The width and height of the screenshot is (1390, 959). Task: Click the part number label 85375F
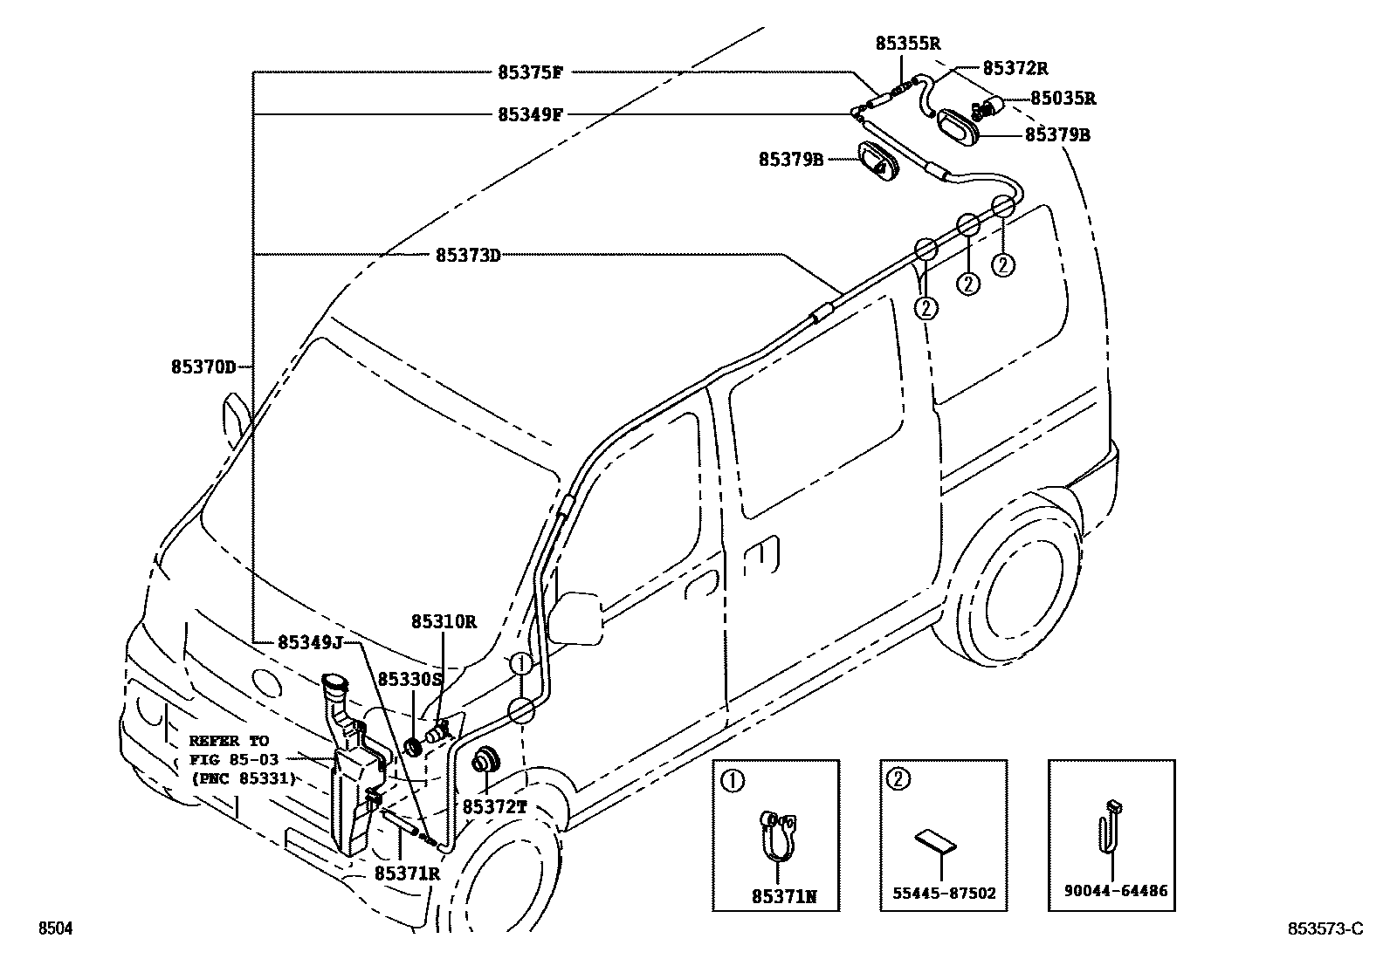[x=529, y=72]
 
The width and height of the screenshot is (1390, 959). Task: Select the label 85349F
[x=529, y=114]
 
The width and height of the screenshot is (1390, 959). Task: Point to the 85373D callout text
[x=468, y=256]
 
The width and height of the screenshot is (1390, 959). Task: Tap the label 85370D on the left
[x=203, y=367]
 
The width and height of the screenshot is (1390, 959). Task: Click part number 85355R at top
[x=908, y=44]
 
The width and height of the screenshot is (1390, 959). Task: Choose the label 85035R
[x=1063, y=99]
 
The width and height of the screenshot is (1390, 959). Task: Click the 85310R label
[x=444, y=622]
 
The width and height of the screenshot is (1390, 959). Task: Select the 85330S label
[x=410, y=678]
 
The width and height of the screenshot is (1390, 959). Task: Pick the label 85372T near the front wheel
[x=494, y=807]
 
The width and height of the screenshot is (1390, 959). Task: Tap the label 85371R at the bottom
[x=407, y=872]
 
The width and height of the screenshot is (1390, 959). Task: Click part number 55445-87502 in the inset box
[x=944, y=893]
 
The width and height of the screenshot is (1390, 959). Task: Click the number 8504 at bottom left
[x=54, y=929]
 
